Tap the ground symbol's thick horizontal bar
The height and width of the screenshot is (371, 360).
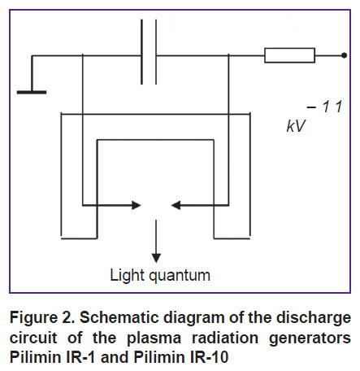tap(32, 92)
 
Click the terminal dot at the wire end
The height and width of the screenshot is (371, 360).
tap(344, 55)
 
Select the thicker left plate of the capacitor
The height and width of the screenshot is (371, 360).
tap(141, 52)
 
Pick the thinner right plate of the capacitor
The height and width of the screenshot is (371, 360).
tap(156, 52)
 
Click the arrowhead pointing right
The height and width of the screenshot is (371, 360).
tap(137, 205)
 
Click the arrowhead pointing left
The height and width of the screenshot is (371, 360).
tap(176, 205)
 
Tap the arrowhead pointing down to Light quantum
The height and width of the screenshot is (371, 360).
tap(156, 258)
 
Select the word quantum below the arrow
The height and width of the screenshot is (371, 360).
tap(180, 277)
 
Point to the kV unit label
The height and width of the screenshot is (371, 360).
tap(296, 126)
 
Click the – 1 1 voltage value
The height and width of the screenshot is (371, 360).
tap(325, 107)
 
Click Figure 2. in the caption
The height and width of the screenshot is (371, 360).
tap(42, 317)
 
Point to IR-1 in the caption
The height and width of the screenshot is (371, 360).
tap(80, 357)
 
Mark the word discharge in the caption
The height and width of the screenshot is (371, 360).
tap(314, 318)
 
